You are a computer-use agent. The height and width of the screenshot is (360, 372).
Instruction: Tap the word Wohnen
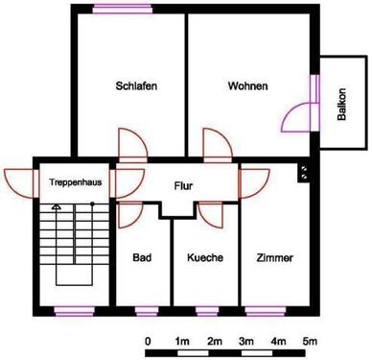(247, 85)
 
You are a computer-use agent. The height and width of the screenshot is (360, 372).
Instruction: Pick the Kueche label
(204, 257)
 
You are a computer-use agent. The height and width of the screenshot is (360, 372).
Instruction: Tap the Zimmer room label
(274, 257)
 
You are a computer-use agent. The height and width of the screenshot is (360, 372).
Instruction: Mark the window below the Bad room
(145, 310)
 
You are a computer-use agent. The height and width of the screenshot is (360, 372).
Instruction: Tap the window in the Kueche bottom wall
(205, 310)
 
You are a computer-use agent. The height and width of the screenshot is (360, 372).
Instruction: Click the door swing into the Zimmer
(254, 182)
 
